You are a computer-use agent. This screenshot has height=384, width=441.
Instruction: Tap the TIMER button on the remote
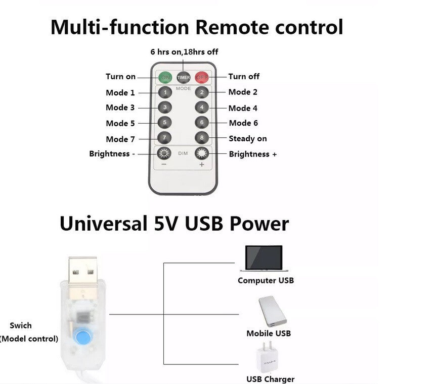coord(183,77)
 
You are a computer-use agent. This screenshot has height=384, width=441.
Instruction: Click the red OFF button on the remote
coord(202,77)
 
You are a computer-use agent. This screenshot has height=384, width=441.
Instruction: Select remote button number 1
coord(164,93)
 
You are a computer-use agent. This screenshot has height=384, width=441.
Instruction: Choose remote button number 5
coord(164,123)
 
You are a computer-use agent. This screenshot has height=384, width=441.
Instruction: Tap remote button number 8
coord(202,138)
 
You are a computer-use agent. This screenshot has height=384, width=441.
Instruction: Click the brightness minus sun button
coord(164,153)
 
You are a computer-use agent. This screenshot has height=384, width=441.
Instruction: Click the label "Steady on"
coord(247,139)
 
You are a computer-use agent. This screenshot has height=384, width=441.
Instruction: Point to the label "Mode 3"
coord(120,107)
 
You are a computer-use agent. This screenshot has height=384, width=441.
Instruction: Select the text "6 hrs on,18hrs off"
coord(184,52)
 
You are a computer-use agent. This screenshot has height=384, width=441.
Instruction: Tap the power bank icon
coord(272,311)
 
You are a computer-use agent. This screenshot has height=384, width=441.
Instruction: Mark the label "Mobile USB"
coord(269,333)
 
